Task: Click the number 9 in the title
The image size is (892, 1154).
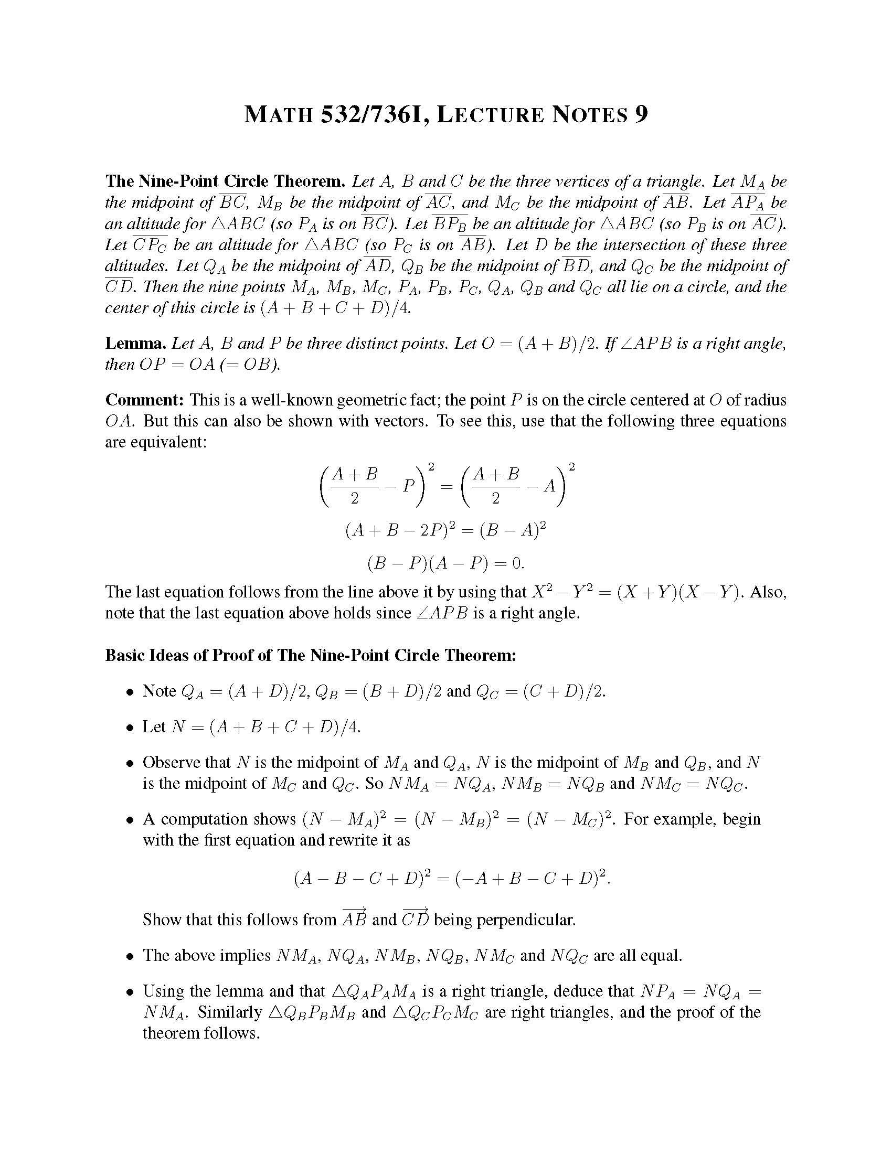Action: [x=640, y=115]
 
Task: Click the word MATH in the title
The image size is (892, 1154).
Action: [x=279, y=115]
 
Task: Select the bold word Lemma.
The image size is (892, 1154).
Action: [x=136, y=344]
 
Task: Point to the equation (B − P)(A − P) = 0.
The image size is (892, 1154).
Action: [x=445, y=563]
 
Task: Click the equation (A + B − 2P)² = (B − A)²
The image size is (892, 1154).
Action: [x=445, y=529]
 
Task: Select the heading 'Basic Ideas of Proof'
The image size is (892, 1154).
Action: [x=310, y=655]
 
